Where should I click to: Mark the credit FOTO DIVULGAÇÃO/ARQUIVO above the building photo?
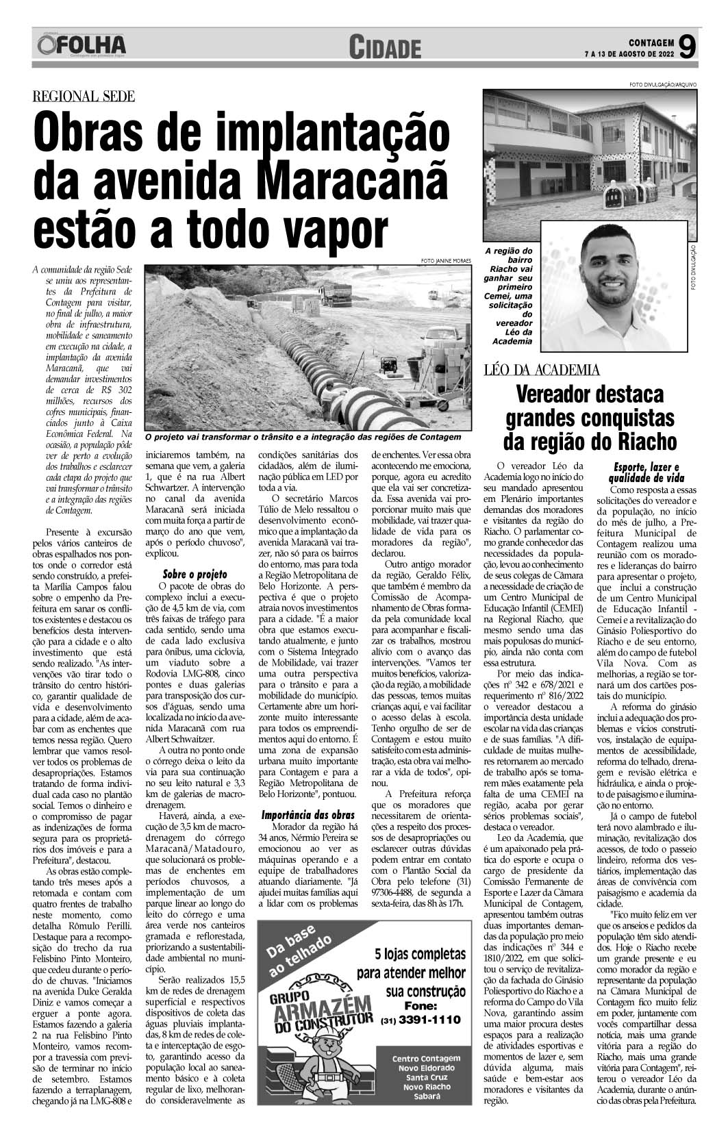pyautogui.click(x=662, y=84)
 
